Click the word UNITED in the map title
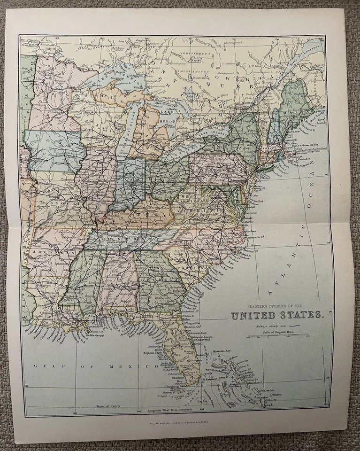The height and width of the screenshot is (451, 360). tap(253, 316)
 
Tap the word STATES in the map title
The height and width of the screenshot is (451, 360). tap(299, 316)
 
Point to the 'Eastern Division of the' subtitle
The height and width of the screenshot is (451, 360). tap(277, 306)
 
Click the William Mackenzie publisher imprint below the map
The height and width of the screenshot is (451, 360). tap(176, 423)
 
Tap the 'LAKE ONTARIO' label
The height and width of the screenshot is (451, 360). tap(215, 134)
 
